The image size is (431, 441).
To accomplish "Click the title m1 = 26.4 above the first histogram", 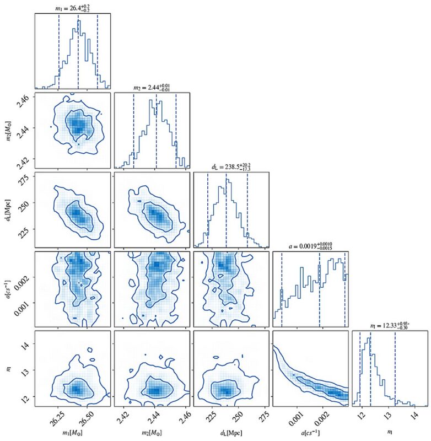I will coord(72,7).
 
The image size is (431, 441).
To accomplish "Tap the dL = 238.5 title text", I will coord(231,166).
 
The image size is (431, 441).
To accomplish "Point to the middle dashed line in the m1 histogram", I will coord(78,50).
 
